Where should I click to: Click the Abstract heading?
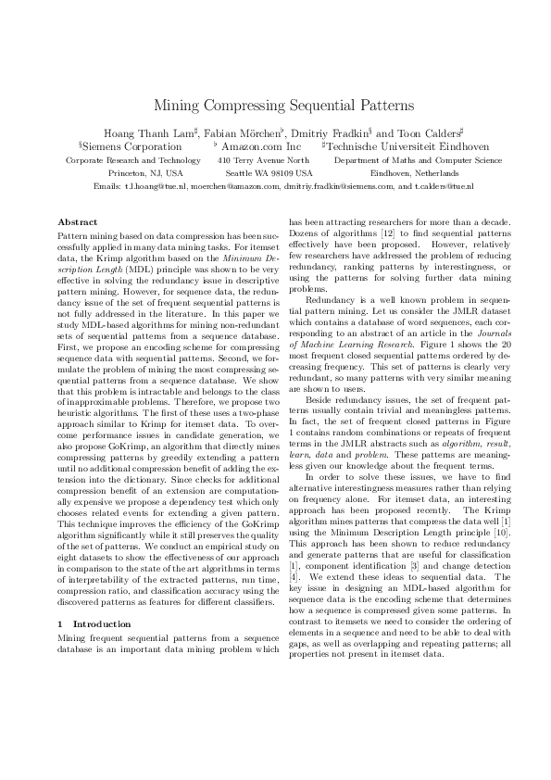[77, 222]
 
